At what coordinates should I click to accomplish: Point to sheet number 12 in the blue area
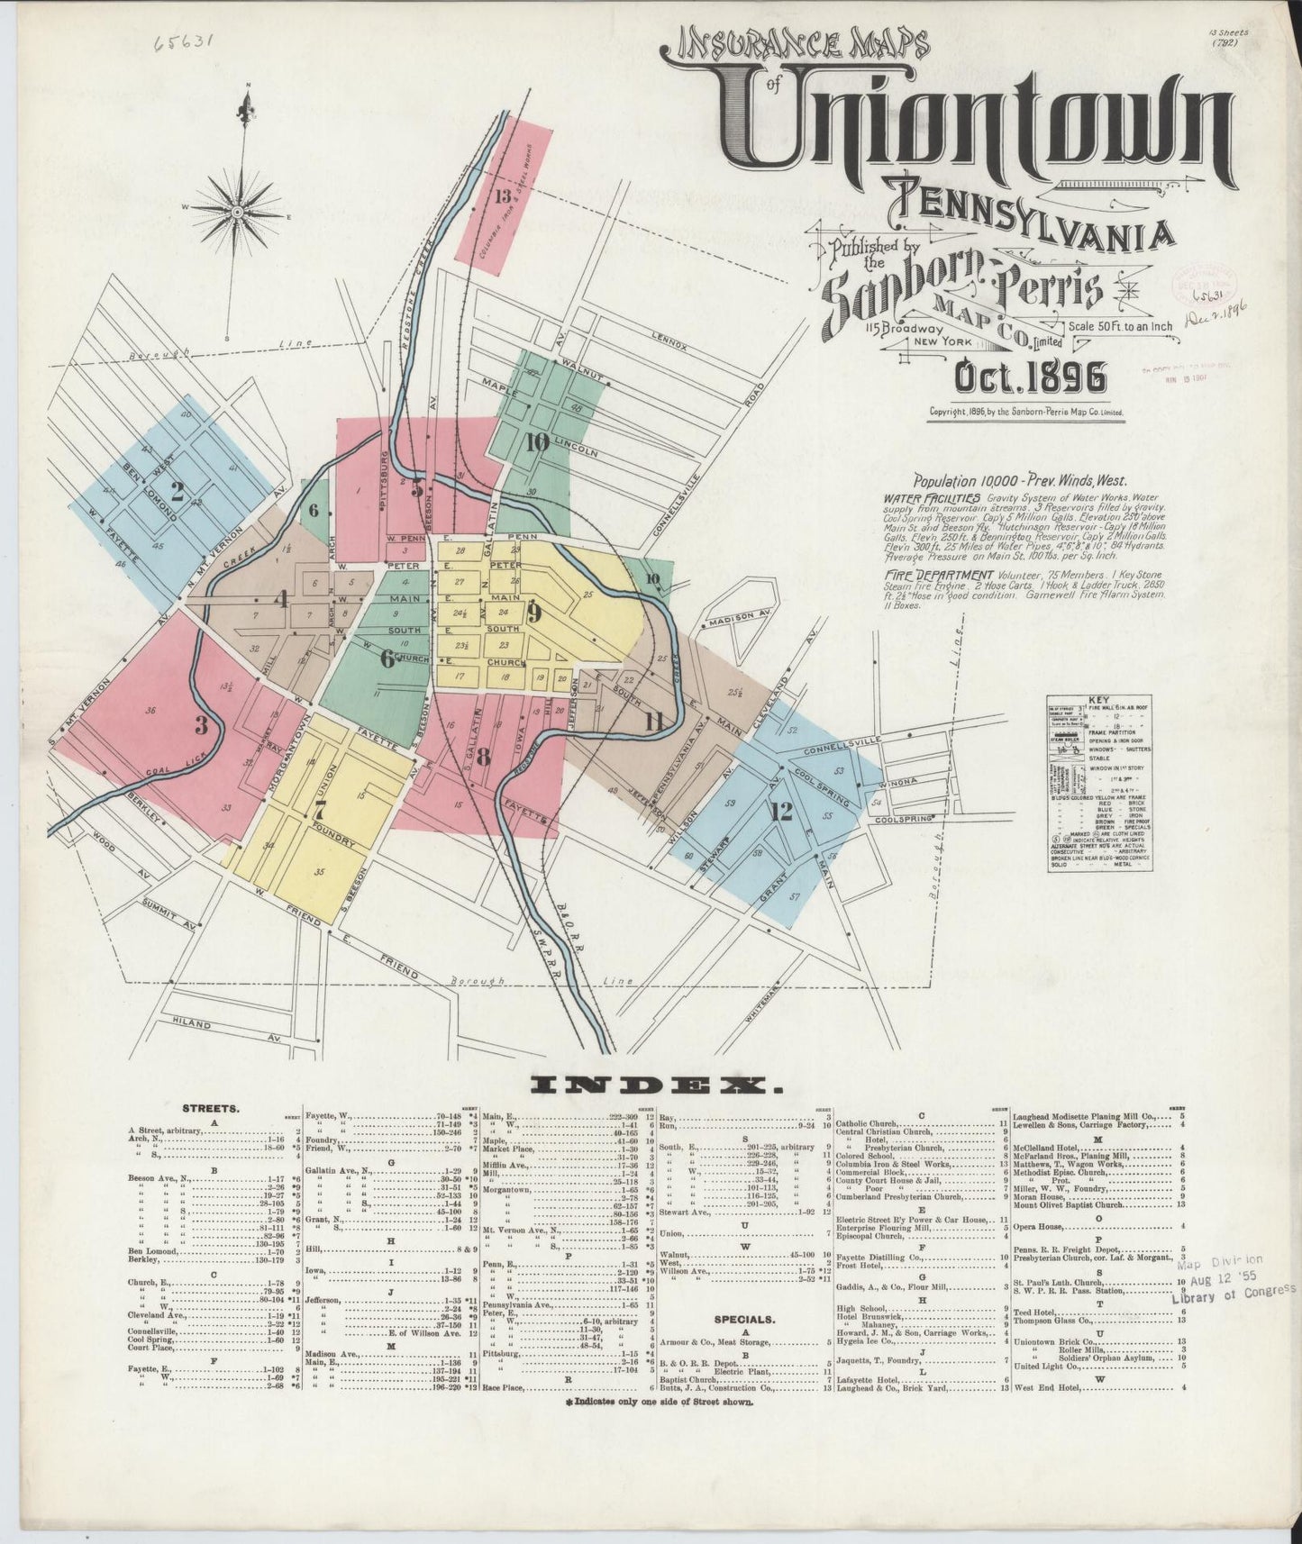coord(781,811)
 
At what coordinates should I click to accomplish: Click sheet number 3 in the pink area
coord(201,723)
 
